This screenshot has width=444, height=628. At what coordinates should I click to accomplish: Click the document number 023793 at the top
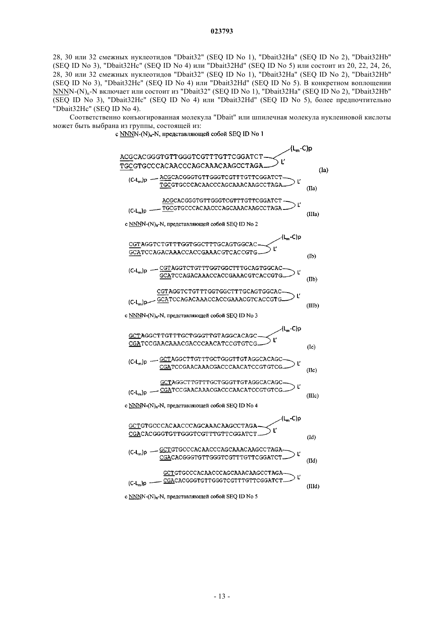(x=222, y=31)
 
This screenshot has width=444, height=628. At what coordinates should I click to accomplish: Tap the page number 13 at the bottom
(x=222, y=596)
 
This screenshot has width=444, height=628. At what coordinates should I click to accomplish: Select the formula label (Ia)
(x=323, y=170)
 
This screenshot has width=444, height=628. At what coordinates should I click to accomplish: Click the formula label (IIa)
(x=312, y=188)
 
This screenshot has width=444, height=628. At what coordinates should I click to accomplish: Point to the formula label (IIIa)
(x=312, y=214)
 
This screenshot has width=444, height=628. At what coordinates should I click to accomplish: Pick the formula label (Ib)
(x=312, y=256)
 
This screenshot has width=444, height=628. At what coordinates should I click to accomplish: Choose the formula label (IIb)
(x=312, y=279)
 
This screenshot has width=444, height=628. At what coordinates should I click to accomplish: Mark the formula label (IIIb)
(x=313, y=306)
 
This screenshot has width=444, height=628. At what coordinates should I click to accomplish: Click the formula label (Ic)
(x=311, y=347)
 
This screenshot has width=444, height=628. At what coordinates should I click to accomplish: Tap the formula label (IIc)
(x=312, y=370)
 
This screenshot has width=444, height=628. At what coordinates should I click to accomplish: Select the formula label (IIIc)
(x=312, y=396)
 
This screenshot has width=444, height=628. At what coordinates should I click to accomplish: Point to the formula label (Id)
(x=311, y=438)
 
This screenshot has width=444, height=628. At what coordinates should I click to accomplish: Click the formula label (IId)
(x=312, y=461)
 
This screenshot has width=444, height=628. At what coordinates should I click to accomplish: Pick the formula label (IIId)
(x=313, y=486)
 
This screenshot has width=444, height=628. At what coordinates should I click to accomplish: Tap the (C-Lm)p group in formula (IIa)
(x=138, y=180)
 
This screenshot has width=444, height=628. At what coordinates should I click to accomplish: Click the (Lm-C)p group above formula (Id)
(x=291, y=419)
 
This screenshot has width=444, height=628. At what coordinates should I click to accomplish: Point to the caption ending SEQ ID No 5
(x=191, y=496)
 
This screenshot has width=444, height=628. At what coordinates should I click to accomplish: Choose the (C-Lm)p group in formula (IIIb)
(x=138, y=302)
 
